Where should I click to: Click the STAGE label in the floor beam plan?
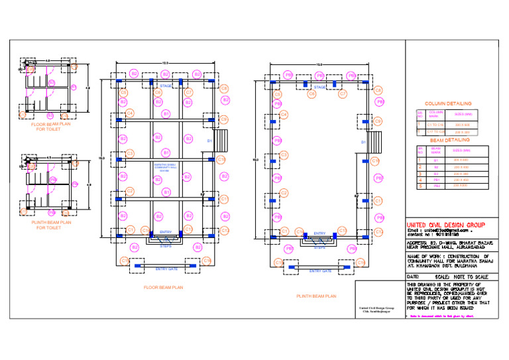tap(165, 86)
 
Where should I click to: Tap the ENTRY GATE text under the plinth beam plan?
tap(319, 271)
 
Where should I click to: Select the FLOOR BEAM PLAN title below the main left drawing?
tap(162, 288)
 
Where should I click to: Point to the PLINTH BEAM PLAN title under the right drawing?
tap(316, 296)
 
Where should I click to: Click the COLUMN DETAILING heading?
tap(448, 104)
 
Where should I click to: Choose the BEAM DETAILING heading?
tap(449, 141)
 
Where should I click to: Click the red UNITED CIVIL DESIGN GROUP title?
tap(445, 225)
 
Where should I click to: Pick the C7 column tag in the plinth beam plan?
tap(343, 94)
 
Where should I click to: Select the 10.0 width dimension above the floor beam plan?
tap(165, 64)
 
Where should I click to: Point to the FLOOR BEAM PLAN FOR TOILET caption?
tap(47, 126)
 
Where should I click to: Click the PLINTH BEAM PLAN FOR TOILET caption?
tap(48, 225)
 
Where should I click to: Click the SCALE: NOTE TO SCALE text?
tap(458, 276)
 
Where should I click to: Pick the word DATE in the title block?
tap(413, 276)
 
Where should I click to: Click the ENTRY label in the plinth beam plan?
tap(319, 233)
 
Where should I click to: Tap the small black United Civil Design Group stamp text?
tap(376, 310)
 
